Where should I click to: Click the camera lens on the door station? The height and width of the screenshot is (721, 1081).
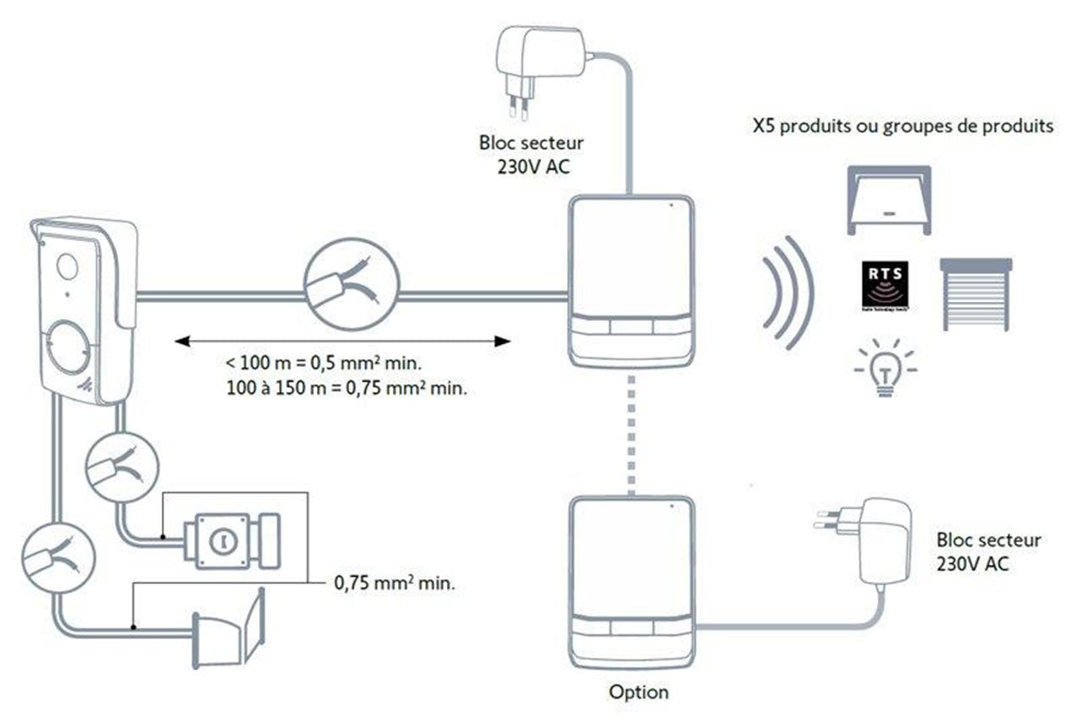click(66, 266)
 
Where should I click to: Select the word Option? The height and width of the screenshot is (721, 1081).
click(638, 692)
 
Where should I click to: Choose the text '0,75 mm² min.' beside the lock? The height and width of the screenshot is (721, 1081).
click(395, 583)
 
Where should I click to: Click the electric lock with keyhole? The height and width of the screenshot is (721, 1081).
click(223, 540)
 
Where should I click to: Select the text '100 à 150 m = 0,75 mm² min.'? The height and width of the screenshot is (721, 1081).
click(346, 390)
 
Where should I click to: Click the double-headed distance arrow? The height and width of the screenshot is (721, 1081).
click(342, 341)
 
